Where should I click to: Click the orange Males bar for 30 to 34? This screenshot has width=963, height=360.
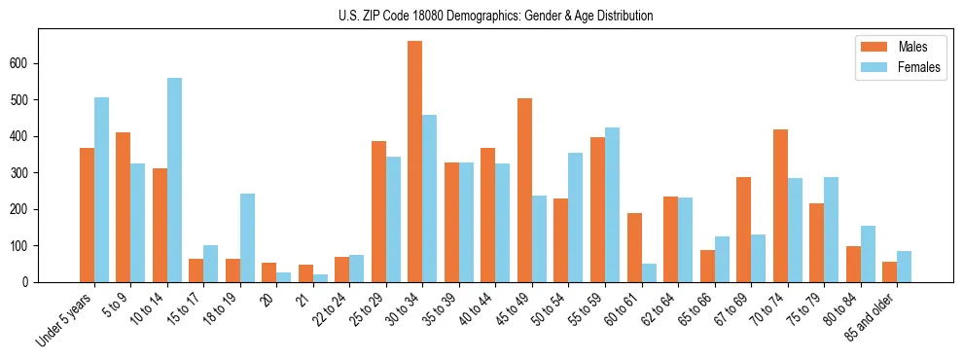click(x=415, y=162)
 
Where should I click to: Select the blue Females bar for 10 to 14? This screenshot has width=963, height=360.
click(x=174, y=180)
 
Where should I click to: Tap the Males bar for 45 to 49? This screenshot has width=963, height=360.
click(x=524, y=190)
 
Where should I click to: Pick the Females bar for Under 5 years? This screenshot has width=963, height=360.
click(x=101, y=190)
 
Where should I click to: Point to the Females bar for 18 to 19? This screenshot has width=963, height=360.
click(x=247, y=237)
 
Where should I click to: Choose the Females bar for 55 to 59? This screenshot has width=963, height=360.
click(x=612, y=204)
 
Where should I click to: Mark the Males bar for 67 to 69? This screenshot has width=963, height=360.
click(x=743, y=230)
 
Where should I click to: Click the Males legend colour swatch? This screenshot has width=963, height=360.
click(x=869, y=47)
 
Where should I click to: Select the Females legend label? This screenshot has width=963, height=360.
click(x=918, y=69)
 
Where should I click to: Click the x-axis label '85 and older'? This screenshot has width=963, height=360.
click(x=874, y=315)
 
